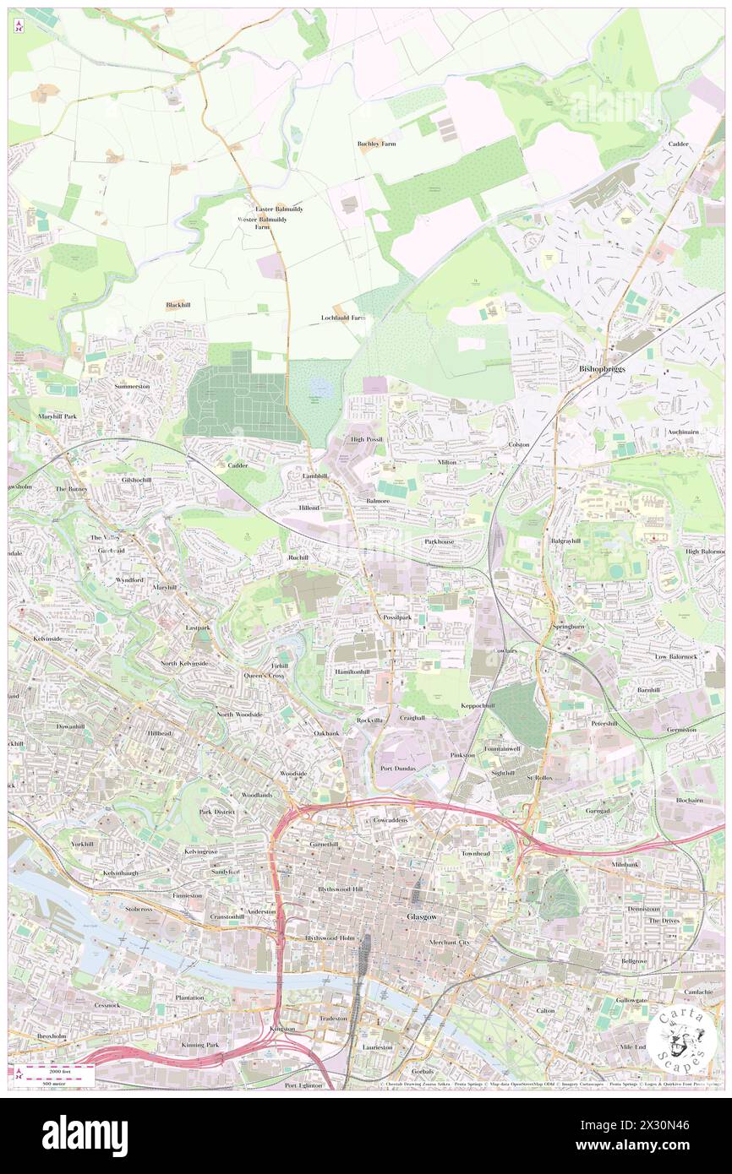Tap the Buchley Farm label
(377, 144)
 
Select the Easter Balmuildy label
(279, 209)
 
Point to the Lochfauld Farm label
(344, 318)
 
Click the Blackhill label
(178, 305)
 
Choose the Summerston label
(132, 386)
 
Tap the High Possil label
(368, 440)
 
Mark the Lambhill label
(314, 476)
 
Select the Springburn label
(569, 628)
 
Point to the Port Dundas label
(398, 769)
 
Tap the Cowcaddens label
(391, 820)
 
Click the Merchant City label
(448, 942)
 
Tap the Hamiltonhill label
(352, 671)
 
